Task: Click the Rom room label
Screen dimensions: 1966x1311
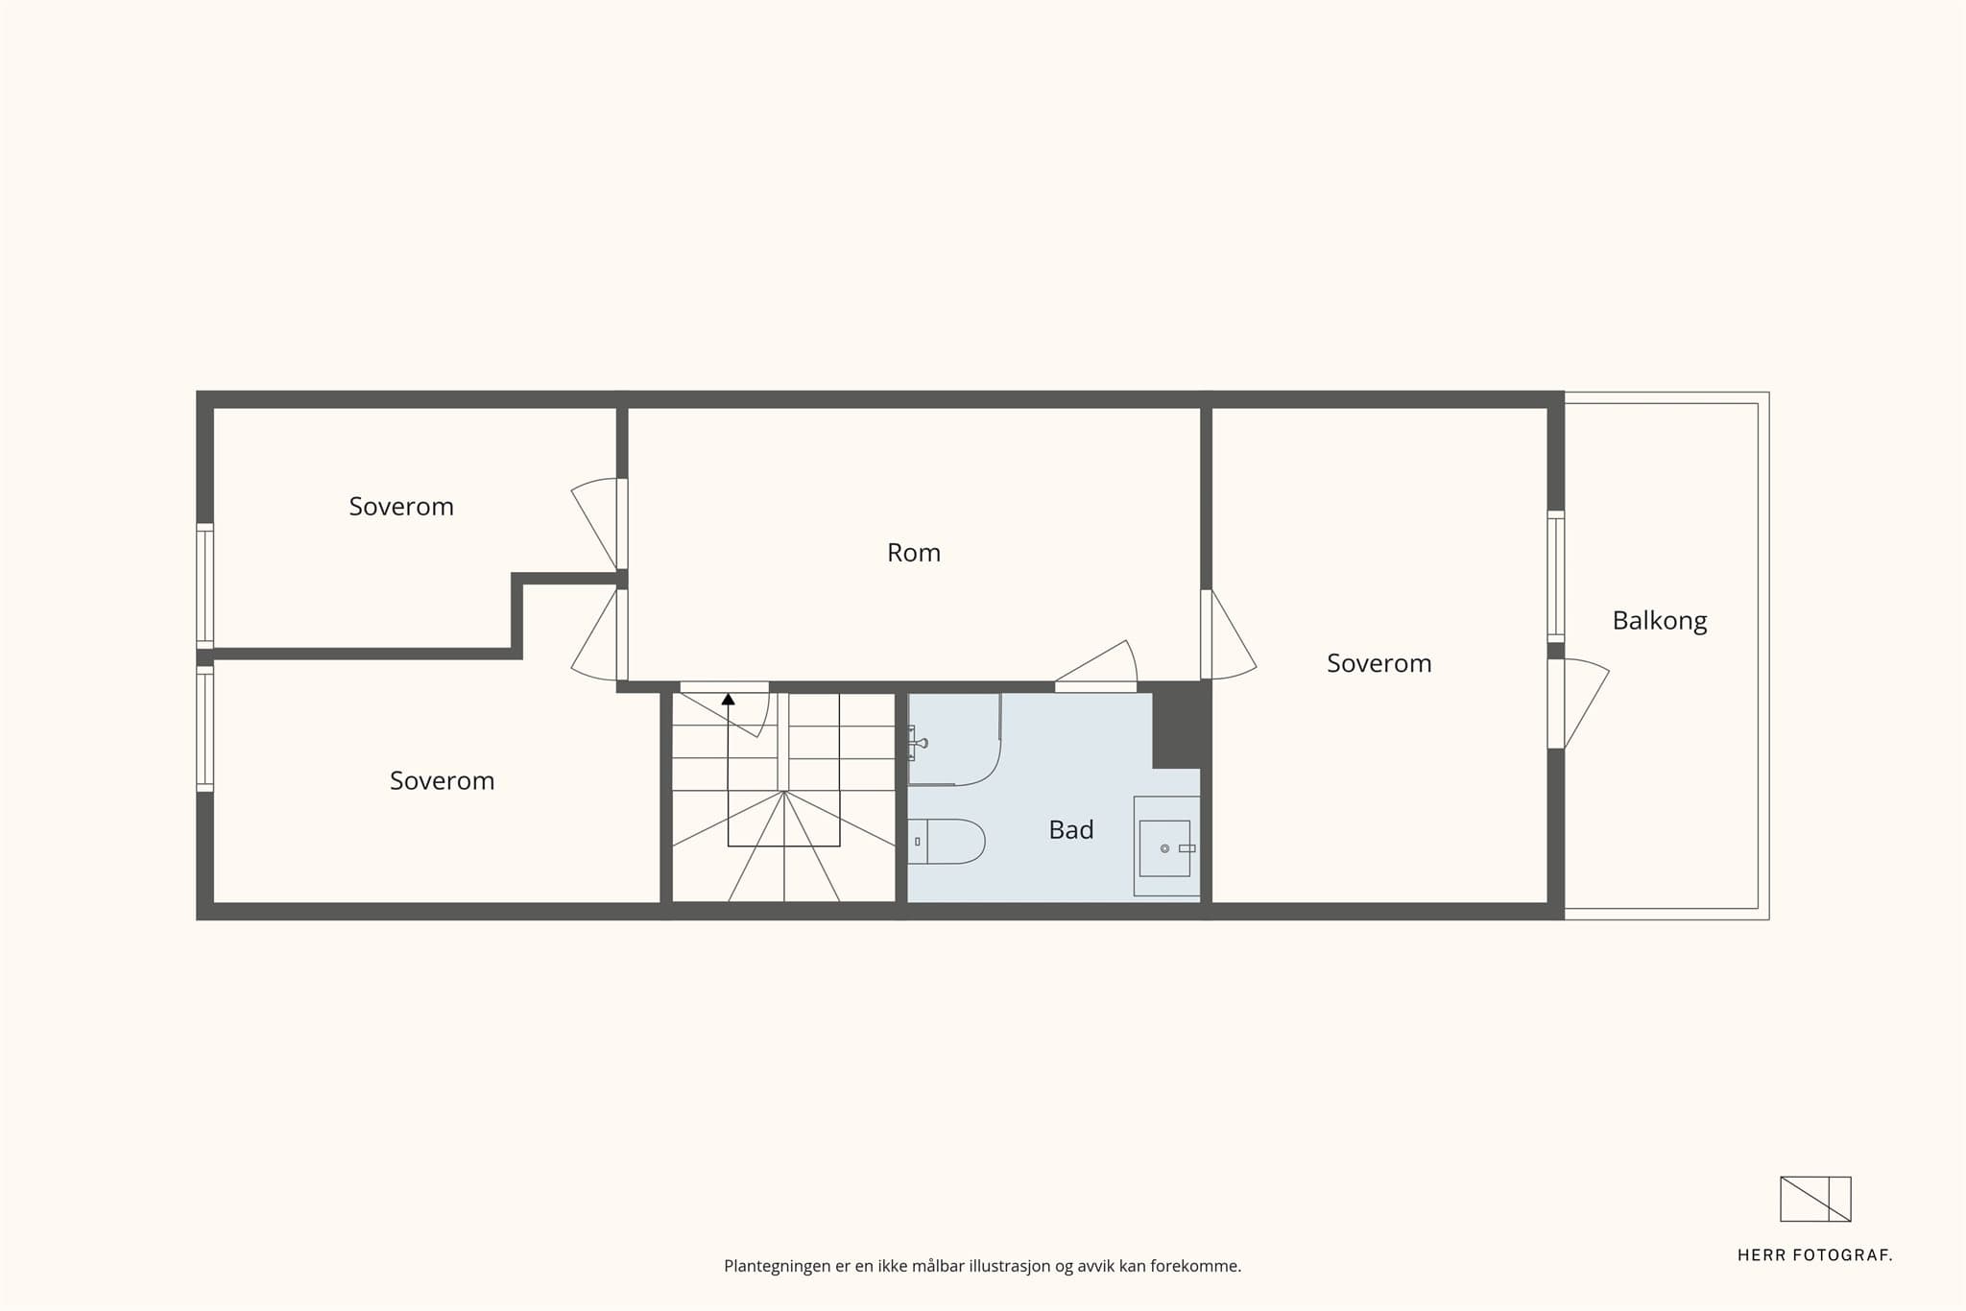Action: coord(914,553)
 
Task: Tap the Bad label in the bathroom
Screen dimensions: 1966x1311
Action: coord(1071,830)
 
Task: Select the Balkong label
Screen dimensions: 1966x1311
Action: coord(1660,621)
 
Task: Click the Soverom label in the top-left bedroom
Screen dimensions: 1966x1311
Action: coord(401,507)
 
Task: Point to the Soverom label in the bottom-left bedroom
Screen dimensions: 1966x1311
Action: coord(442,781)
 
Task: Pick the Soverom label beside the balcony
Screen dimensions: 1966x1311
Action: coord(1379,663)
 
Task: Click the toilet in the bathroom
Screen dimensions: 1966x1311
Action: coord(947,842)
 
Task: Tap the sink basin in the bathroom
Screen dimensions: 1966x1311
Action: coord(1164,847)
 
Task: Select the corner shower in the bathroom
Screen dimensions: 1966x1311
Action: coord(954,739)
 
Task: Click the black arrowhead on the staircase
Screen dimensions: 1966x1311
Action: coord(728,699)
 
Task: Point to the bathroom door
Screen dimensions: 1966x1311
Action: coord(1096,666)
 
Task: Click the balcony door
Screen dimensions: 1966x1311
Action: coord(1578,703)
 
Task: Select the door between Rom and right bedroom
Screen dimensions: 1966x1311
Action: coord(1229,634)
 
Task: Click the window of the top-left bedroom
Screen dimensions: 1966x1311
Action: coord(204,585)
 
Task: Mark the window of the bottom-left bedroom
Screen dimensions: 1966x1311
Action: coord(204,728)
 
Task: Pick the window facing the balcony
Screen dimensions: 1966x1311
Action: coord(1556,576)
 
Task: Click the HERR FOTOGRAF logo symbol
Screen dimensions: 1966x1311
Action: coord(1815,1199)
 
